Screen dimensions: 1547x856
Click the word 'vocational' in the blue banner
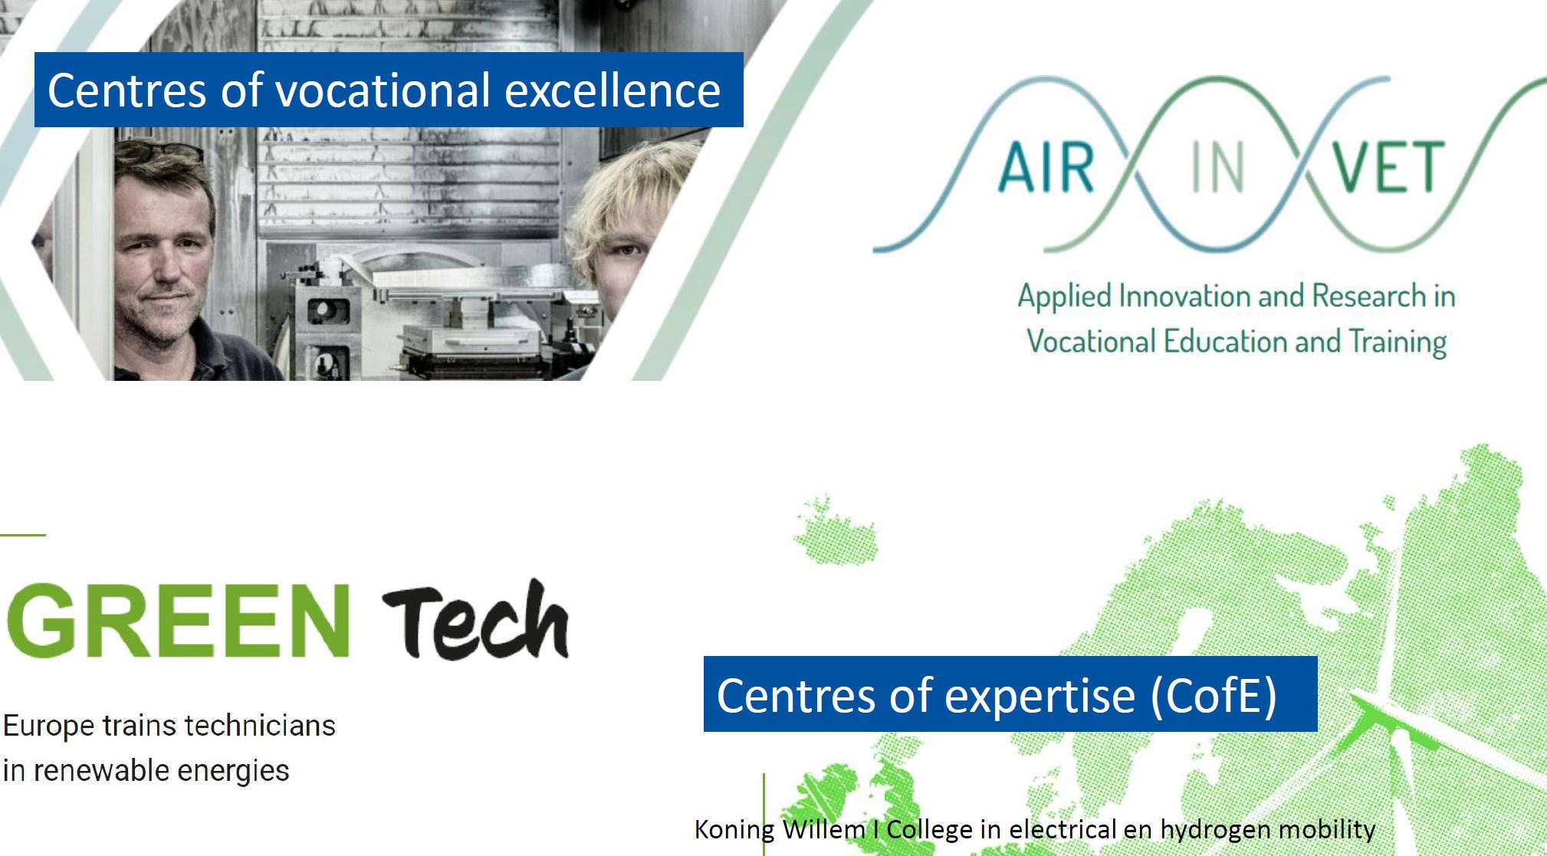coord(382,90)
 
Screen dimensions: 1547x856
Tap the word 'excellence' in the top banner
coord(613,90)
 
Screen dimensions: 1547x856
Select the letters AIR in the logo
coord(1046,168)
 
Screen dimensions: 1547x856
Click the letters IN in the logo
coord(1217,168)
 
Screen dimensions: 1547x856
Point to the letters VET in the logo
coord(1388,168)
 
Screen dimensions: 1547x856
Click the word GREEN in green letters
coord(179,620)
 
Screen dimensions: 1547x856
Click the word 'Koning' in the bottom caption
coord(734,830)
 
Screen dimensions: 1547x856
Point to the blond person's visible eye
coord(626,250)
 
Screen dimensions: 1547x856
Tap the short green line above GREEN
coord(23,534)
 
